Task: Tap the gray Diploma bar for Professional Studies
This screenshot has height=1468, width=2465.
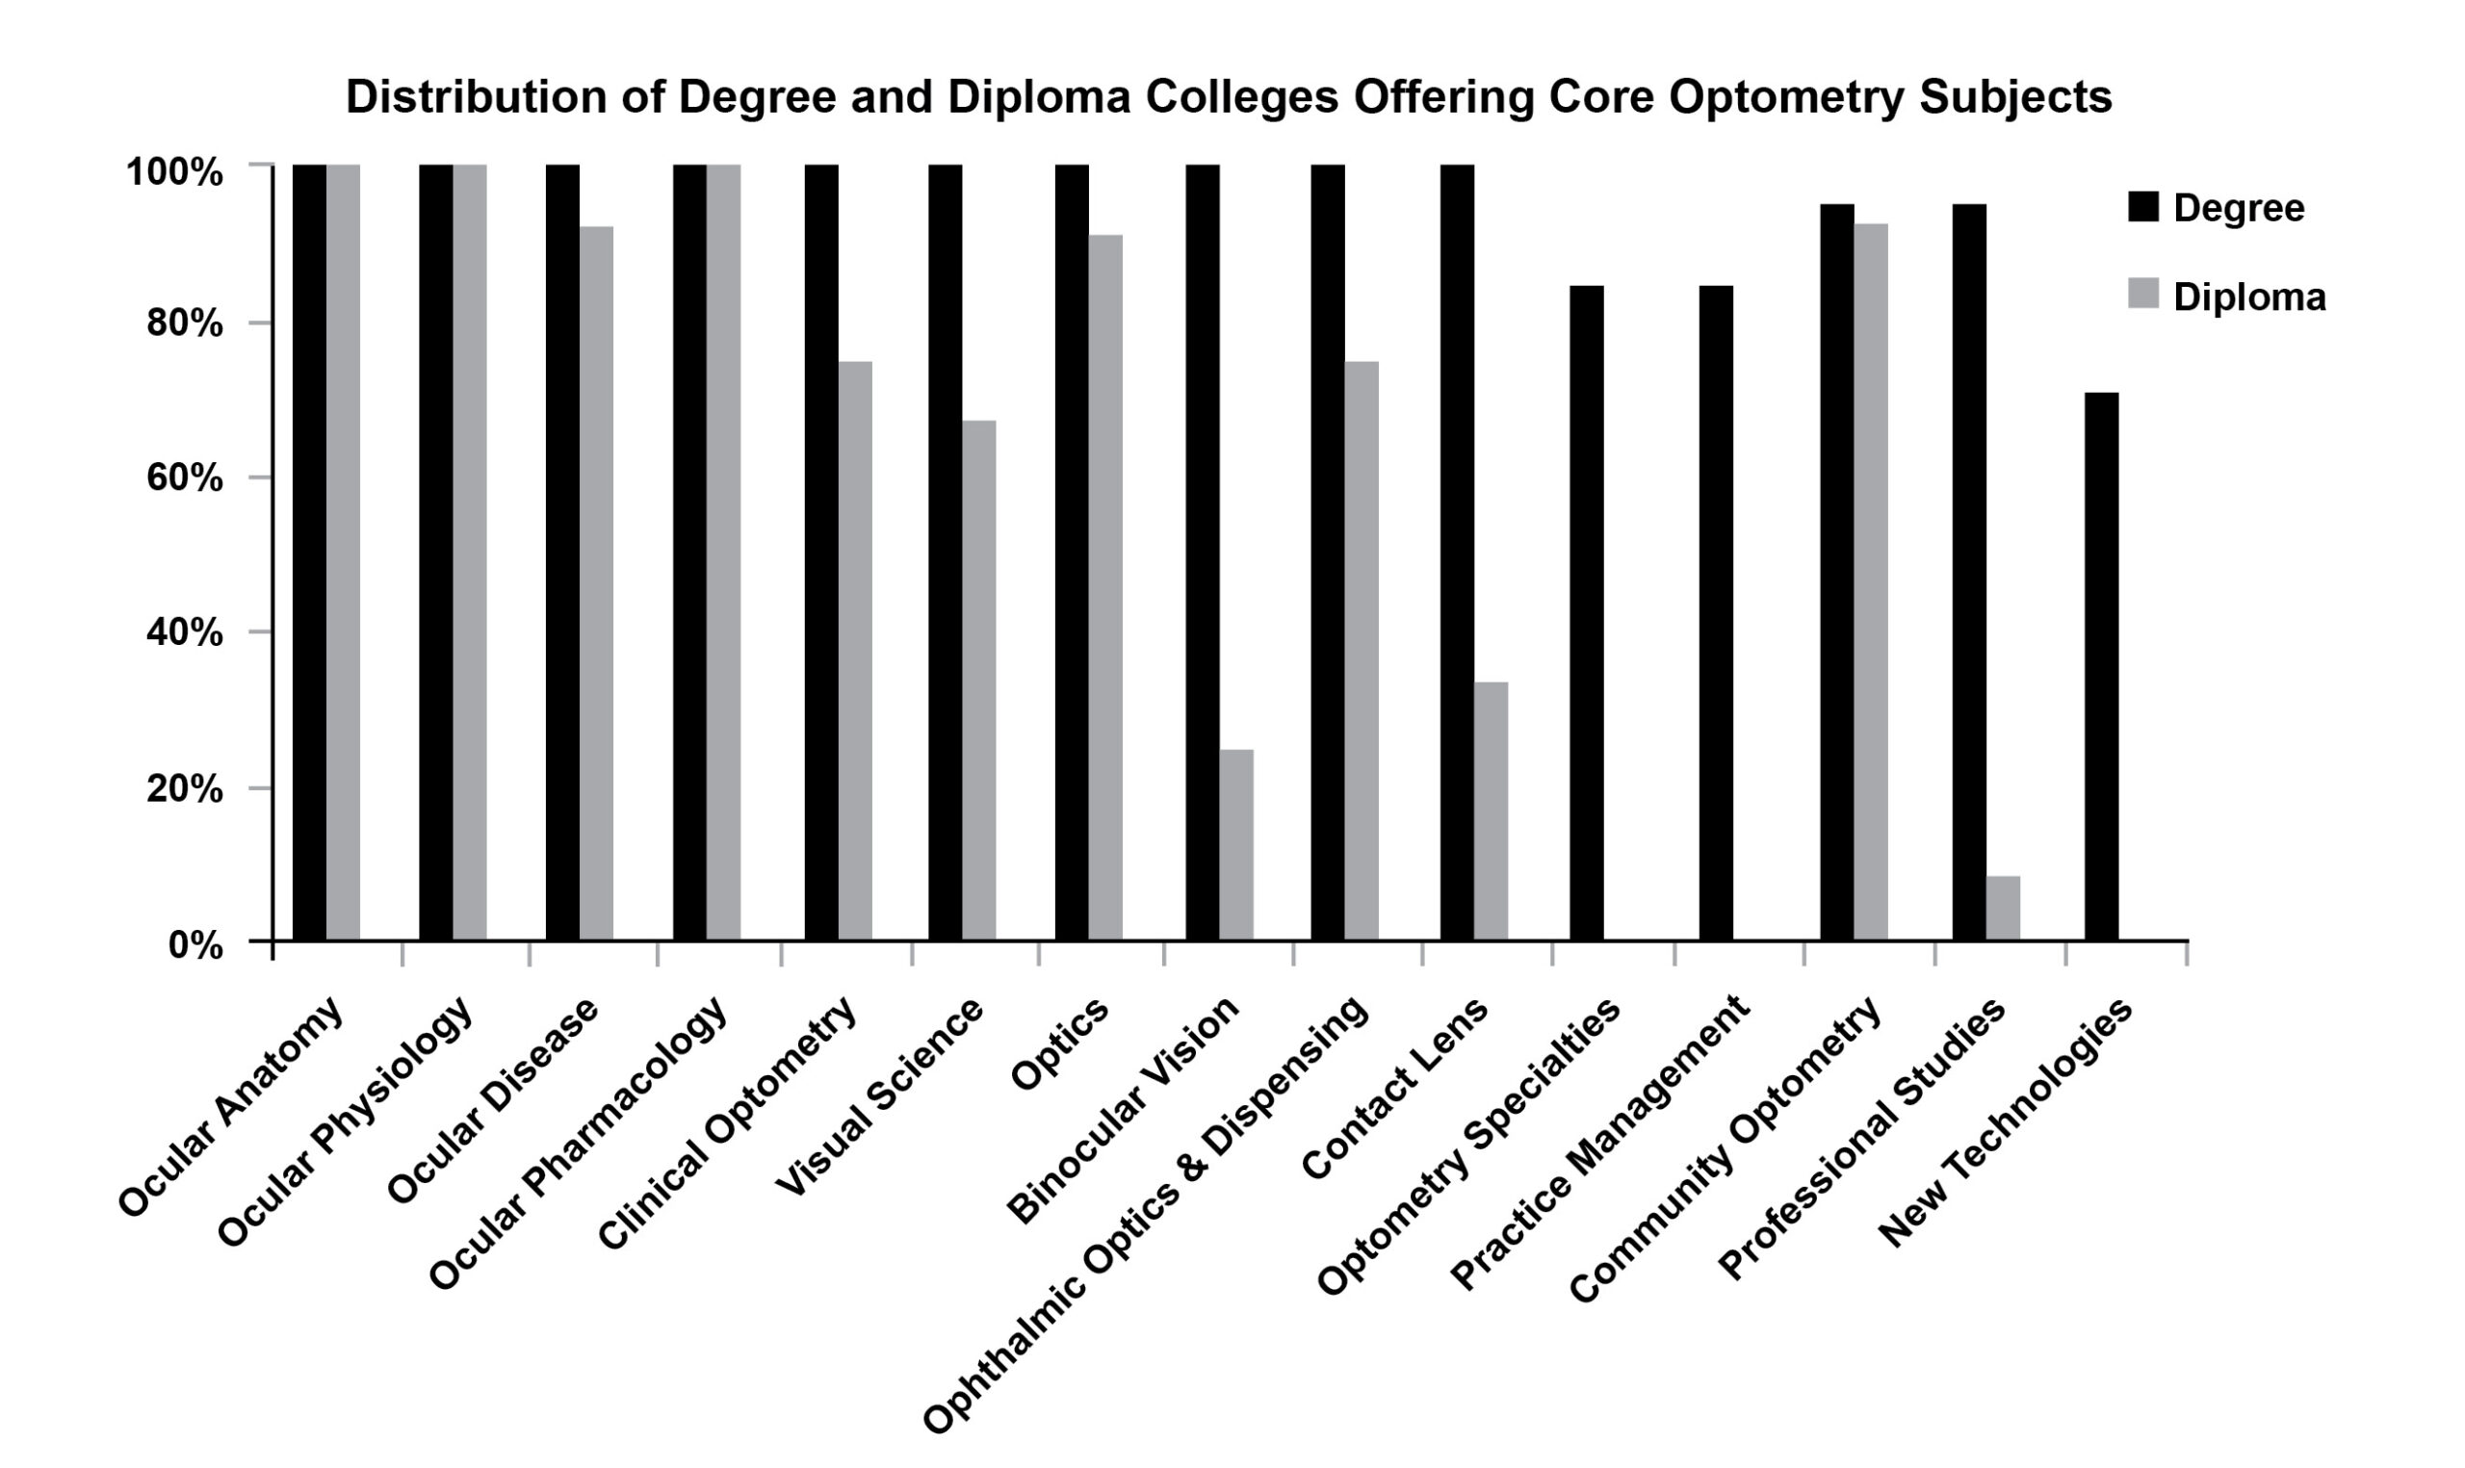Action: pyautogui.click(x=2003, y=907)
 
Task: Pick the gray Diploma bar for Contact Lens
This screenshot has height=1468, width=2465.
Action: pyautogui.click(x=1491, y=811)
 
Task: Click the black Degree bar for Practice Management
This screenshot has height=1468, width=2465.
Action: pyautogui.click(x=1715, y=612)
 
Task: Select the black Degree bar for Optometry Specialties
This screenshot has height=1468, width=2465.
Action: pyautogui.click(x=1587, y=612)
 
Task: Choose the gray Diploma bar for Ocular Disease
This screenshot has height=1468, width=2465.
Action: pyautogui.click(x=596, y=582)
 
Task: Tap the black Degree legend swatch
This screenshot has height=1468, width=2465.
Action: pyautogui.click(x=2142, y=207)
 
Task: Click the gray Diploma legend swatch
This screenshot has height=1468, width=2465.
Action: pyautogui.click(x=2142, y=294)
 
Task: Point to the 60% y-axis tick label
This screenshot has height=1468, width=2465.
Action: pyautogui.click(x=184, y=478)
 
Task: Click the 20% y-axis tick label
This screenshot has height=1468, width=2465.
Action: pyautogui.click(x=184, y=789)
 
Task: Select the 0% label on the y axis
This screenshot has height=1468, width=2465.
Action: pyautogui.click(x=195, y=944)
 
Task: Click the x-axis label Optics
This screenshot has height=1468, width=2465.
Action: pyautogui.click(x=1059, y=1044)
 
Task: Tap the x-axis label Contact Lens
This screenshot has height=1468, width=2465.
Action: pyautogui.click(x=1394, y=1088)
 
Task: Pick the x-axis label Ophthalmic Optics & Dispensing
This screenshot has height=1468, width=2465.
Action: pyautogui.click(x=1148, y=1216)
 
